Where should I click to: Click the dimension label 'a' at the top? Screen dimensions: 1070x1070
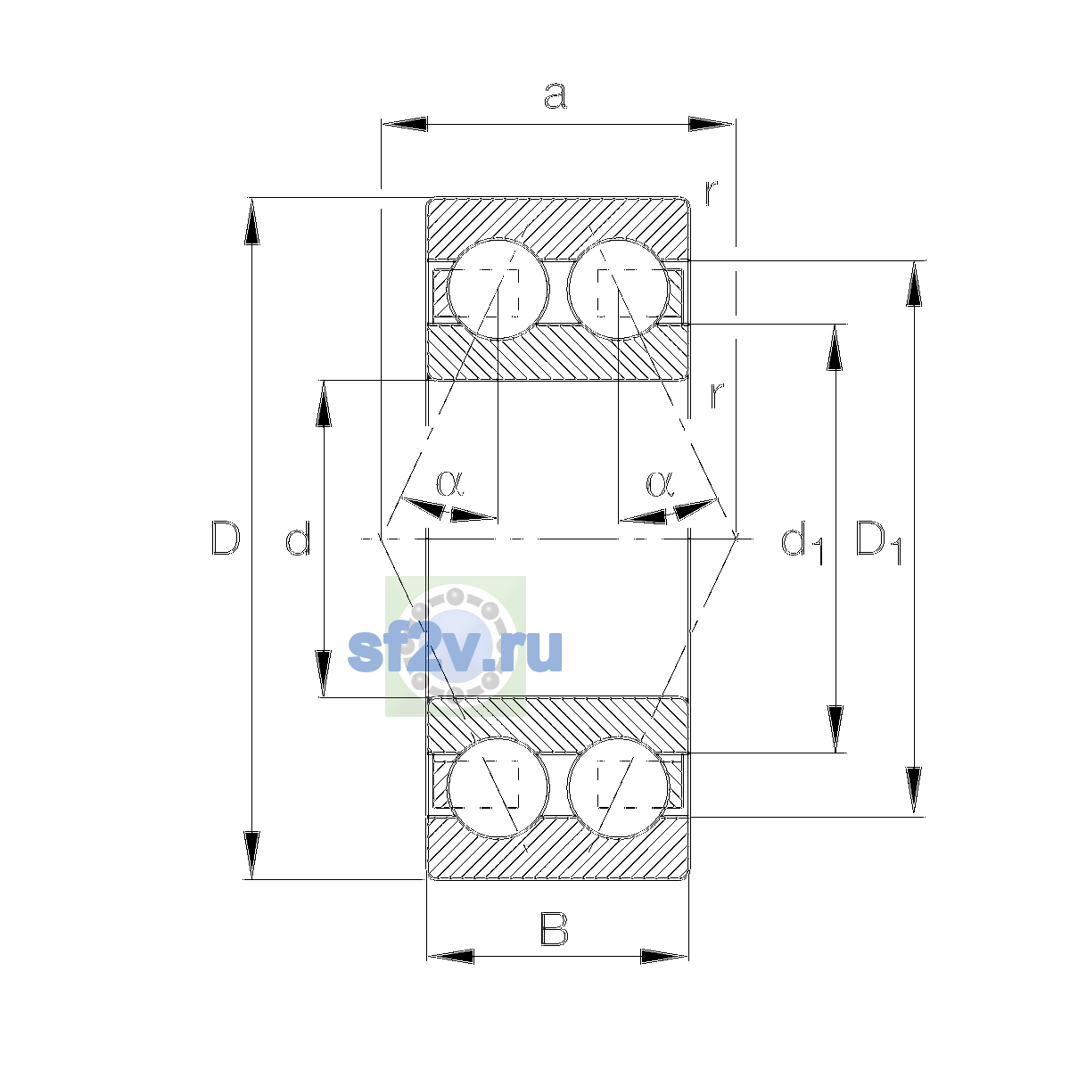pyautogui.click(x=555, y=95)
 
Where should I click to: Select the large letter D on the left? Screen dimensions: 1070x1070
pyautogui.click(x=226, y=538)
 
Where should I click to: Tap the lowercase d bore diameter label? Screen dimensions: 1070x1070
pyautogui.click(x=298, y=538)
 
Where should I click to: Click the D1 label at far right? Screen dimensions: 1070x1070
pyautogui.click(x=878, y=542)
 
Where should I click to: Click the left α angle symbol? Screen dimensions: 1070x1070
pyautogui.click(x=449, y=482)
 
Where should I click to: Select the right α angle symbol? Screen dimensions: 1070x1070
pyautogui.click(x=660, y=482)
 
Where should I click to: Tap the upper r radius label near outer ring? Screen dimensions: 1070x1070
pyautogui.click(x=712, y=193)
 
